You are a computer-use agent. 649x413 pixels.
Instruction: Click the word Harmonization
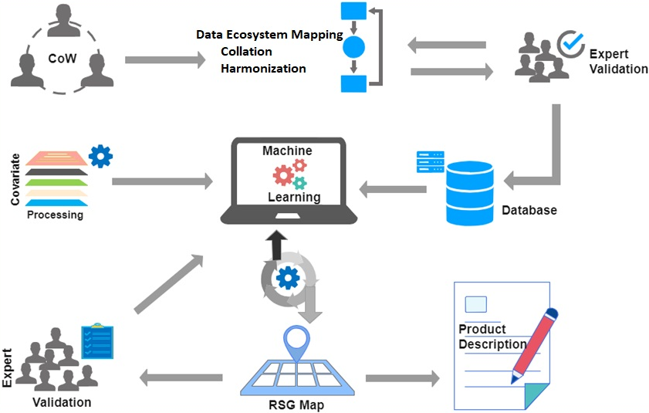click(x=263, y=69)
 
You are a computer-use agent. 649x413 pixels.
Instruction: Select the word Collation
click(x=246, y=52)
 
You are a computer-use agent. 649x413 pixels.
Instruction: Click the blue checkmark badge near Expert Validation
click(x=571, y=45)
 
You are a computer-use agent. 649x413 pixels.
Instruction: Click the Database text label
click(x=529, y=210)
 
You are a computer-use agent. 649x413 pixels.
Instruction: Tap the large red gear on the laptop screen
click(x=283, y=176)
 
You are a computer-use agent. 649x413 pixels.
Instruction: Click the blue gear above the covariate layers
click(x=100, y=156)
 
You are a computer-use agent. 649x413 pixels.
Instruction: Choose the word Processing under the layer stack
click(x=55, y=215)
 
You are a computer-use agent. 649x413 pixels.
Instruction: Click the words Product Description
click(x=492, y=337)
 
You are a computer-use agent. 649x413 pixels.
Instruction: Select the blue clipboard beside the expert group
click(x=97, y=342)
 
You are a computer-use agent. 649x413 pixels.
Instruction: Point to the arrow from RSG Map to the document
click(x=401, y=378)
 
